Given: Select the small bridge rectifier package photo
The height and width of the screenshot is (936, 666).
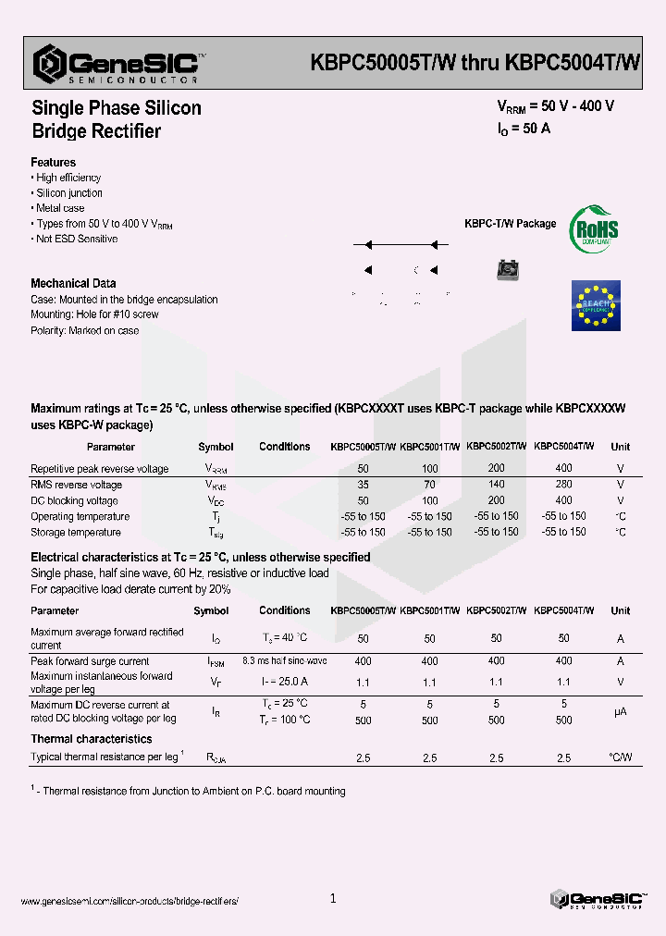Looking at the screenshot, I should pos(507,270).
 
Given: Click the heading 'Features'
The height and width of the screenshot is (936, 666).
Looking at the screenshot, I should pos(54,162).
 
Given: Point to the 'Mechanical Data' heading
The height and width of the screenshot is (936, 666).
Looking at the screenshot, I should pos(73,283).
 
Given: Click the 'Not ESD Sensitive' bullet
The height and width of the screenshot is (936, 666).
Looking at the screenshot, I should pos(76,239).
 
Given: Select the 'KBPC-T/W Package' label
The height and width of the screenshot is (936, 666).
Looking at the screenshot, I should pos(510,224).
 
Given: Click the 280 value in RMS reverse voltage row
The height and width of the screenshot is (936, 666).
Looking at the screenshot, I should pos(563,485).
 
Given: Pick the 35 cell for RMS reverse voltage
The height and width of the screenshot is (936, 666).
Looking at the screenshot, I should pos(363,485).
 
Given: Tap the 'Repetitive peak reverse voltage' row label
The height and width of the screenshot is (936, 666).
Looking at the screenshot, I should pos(99,469).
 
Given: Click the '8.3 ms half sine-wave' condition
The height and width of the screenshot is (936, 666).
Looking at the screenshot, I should pos(284,661).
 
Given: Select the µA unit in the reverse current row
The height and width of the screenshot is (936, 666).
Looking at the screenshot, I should pos(620,712).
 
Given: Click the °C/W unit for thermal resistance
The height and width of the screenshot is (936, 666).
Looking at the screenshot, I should pos(620,757).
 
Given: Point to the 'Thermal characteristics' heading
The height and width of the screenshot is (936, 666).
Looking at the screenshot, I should pos(92,739).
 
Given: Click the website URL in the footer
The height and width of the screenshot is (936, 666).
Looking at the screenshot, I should pos(129,901).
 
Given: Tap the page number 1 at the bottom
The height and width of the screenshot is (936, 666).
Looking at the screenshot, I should pos(333,898).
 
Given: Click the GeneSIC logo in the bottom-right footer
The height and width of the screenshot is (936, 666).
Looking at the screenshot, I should pos(596,899).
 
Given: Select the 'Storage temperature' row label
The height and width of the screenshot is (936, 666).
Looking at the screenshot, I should pos(76,533).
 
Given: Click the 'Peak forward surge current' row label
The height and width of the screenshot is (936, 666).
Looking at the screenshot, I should pos(90,661).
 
